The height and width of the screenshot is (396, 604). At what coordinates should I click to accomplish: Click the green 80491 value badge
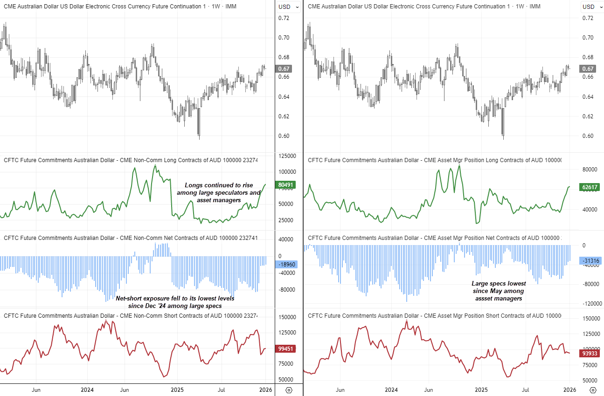pos(285,185)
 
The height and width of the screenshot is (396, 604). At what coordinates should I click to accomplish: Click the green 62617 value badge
pos(590,187)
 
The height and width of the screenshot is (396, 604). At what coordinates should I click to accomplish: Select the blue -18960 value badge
pos(285,264)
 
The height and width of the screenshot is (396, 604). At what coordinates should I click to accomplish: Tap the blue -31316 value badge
pos(590,260)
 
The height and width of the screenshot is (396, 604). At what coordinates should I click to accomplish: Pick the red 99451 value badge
pos(285,348)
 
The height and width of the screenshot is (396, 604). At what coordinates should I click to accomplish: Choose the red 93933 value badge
pos(590,354)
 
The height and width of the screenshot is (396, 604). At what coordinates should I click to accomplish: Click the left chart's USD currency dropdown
pos(289,7)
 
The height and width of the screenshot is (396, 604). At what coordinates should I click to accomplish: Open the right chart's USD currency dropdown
pos(592,7)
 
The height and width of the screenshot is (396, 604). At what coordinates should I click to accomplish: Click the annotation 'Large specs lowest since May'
pos(499,291)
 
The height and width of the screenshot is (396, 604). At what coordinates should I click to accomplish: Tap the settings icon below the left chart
pos(289,390)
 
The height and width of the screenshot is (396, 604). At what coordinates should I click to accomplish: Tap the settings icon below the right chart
pos(593,390)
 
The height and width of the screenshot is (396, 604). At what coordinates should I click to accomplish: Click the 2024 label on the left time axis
pos(87,389)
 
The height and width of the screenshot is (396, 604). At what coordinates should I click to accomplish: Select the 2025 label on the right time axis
pos(481,389)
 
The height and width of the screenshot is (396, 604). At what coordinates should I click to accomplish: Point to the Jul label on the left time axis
pos(222,389)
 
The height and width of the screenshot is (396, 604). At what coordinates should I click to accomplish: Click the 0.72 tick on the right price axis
pos(588,18)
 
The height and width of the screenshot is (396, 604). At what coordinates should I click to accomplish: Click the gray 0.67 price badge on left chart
pos(284,68)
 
